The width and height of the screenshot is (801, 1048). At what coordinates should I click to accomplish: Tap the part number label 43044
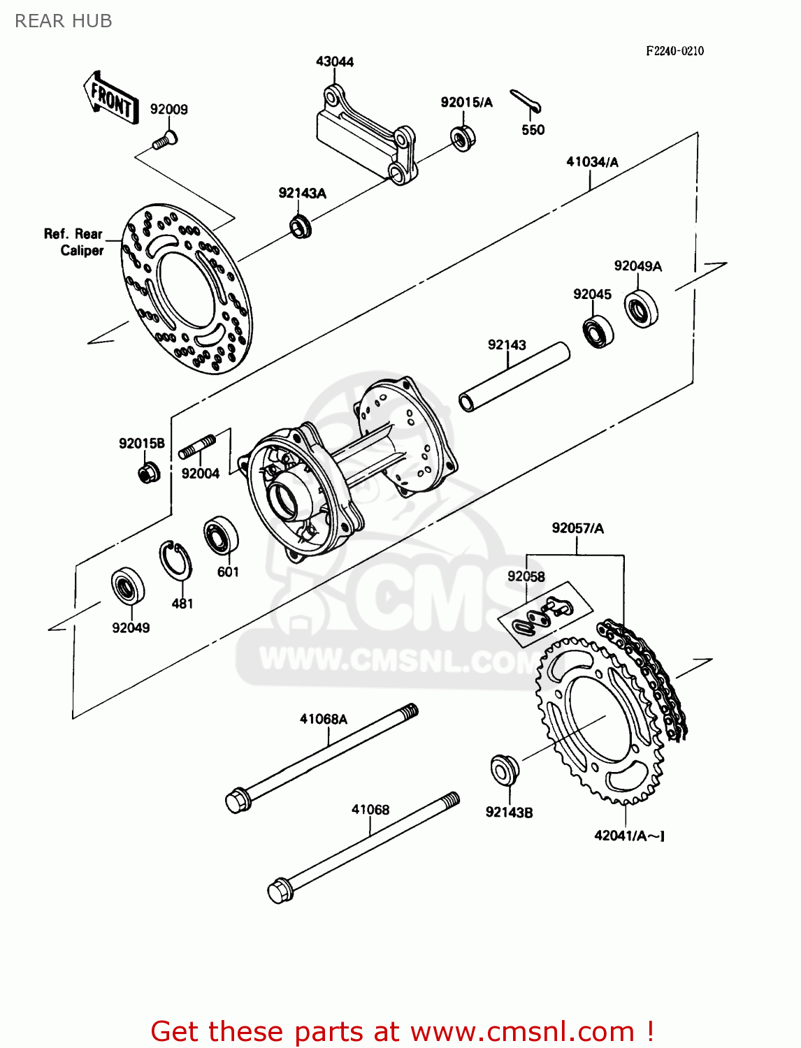click(335, 61)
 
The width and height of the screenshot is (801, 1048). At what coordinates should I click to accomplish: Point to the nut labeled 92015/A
click(462, 137)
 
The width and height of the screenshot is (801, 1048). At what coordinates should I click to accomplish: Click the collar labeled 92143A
click(301, 226)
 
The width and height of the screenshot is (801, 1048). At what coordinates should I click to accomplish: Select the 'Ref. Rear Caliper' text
click(73, 242)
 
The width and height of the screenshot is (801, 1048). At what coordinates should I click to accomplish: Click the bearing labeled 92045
click(598, 331)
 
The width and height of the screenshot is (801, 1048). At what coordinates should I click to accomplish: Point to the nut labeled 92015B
click(147, 473)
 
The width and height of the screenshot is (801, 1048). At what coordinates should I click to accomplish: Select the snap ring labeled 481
click(176, 560)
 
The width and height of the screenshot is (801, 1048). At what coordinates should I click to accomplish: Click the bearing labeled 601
click(221, 536)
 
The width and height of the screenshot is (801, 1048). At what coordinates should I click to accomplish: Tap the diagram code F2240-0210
click(674, 51)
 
